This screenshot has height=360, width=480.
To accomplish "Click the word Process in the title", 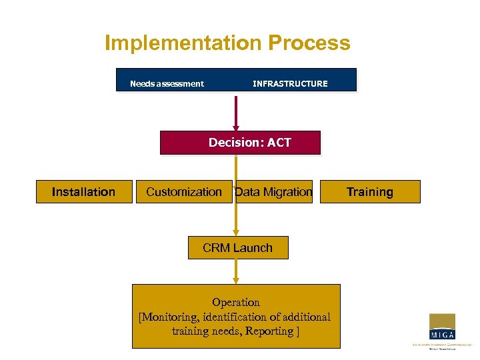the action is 309,43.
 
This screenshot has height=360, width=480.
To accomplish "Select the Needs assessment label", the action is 167,84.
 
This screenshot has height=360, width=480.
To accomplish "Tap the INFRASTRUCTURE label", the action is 290,84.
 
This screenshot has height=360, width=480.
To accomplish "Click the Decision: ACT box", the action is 240,143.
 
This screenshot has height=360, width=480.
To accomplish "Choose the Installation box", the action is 84,192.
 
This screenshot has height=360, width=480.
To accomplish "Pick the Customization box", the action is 184,192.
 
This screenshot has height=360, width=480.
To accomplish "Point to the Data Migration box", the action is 274,192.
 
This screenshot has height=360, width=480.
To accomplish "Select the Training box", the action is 370,192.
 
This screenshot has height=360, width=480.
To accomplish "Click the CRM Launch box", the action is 238,248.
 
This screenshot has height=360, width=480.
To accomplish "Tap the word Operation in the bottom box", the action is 236,303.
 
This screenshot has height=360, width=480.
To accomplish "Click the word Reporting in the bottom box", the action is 269,331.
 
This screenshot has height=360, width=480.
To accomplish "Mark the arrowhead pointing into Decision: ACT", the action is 235,127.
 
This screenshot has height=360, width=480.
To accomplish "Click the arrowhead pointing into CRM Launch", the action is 235,233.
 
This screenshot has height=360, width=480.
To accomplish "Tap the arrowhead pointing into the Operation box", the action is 235,281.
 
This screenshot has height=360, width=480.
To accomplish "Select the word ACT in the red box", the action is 279,143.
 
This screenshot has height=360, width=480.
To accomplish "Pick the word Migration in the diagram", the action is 287,192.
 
